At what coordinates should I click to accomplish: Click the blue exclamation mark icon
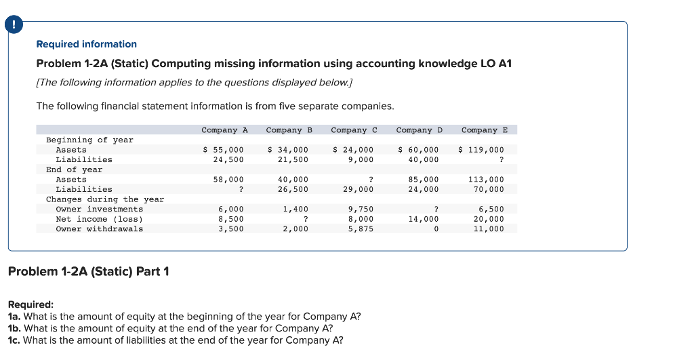[x=12, y=26]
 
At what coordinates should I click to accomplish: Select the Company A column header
[x=224, y=129]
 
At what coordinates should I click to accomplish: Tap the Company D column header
[x=419, y=129]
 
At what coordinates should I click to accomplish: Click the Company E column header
[x=484, y=129]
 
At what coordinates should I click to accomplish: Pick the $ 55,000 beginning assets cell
[x=224, y=150]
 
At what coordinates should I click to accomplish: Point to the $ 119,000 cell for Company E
[x=482, y=150]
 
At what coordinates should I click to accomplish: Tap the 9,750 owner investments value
[x=361, y=209]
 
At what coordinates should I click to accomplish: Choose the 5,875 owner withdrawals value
[x=361, y=229]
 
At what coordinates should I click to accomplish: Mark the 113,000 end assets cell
[x=487, y=180]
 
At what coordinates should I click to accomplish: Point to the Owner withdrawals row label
[x=99, y=229]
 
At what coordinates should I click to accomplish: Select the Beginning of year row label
[x=89, y=140]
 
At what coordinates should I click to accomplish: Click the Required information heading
[x=86, y=44]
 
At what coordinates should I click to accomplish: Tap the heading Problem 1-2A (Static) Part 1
[x=88, y=272]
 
